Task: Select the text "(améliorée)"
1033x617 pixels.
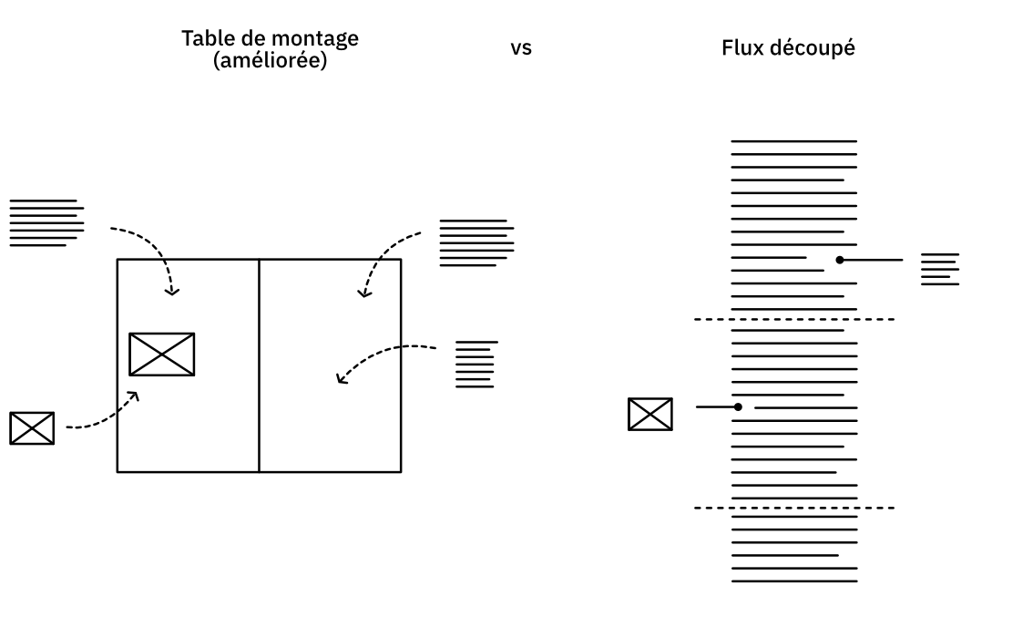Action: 270,62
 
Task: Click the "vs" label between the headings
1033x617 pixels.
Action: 521,48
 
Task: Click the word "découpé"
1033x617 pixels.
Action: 811,48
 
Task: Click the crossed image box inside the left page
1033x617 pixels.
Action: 161,355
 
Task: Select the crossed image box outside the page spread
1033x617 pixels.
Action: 32,428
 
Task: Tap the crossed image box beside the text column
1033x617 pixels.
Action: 650,415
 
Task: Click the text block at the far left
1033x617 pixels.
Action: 46,222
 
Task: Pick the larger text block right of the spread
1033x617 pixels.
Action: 476,242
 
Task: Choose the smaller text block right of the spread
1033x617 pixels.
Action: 475,365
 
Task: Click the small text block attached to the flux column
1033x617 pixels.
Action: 940,269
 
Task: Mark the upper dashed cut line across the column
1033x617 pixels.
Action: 793,319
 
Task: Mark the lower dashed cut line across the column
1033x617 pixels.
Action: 793,508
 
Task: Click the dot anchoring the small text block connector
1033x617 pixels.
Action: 840,260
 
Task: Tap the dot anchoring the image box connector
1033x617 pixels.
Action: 738,406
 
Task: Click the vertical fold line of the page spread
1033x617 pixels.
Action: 259,365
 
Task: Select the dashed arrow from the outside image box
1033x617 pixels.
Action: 105,418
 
